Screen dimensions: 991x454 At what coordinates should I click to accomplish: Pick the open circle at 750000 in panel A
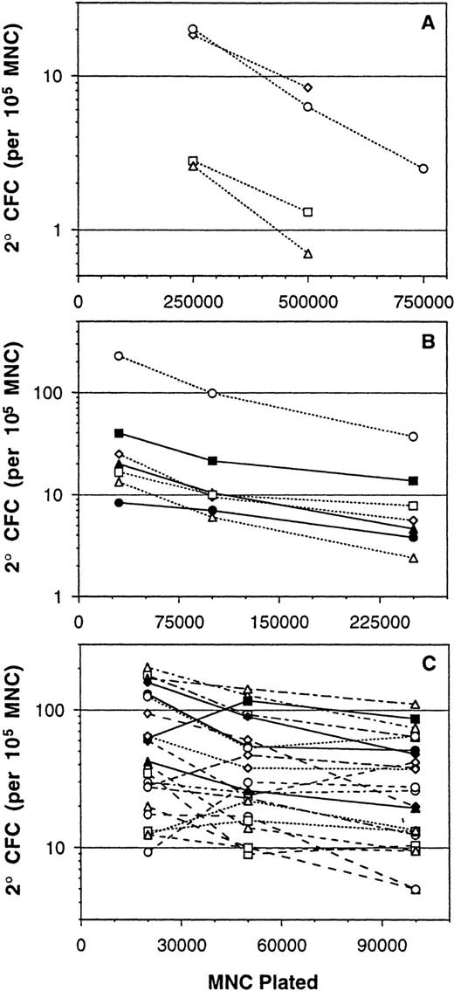point(423,169)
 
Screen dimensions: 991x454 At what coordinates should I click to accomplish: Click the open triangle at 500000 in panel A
point(308,254)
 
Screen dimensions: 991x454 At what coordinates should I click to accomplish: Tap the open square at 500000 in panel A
point(308,211)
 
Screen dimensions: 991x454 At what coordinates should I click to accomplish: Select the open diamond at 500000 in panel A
point(308,88)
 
